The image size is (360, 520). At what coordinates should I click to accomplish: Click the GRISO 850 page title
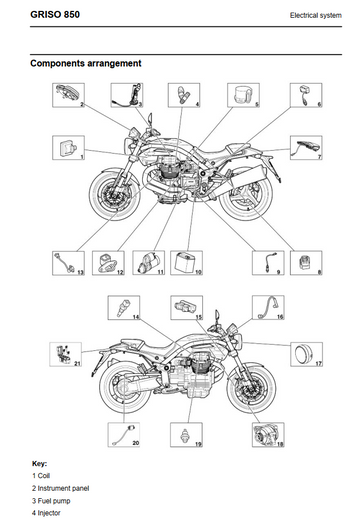click(55, 15)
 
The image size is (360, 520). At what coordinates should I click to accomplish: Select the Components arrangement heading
click(86, 63)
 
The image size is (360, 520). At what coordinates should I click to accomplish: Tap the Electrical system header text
click(316, 15)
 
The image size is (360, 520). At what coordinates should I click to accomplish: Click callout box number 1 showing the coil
click(68, 148)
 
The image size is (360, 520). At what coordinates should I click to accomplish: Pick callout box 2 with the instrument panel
click(68, 95)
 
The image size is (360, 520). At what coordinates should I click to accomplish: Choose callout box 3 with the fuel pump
click(127, 95)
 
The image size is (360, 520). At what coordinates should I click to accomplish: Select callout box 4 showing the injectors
click(184, 95)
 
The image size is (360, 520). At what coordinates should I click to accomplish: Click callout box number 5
click(243, 95)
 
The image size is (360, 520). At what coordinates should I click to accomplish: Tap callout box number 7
click(306, 148)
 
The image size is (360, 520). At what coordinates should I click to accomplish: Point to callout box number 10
click(186, 263)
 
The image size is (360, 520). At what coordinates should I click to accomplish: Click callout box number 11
click(149, 263)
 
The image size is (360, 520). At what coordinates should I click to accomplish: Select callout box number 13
click(68, 263)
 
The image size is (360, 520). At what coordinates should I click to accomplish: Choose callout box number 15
click(186, 307)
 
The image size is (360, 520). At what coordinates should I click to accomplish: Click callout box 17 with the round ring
click(306, 354)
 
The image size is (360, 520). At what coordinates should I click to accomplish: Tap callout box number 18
click(268, 435)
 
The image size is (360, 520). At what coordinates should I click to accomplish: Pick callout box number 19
click(186, 435)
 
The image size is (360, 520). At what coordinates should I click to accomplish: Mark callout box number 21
click(66, 354)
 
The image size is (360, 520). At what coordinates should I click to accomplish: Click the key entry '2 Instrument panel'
click(61, 488)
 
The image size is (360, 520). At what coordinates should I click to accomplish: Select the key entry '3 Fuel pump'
click(51, 501)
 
